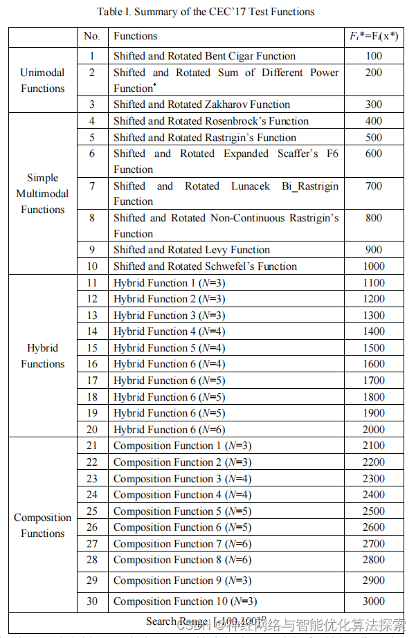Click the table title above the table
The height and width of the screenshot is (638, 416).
click(x=206, y=12)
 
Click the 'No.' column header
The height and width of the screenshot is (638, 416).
click(x=92, y=36)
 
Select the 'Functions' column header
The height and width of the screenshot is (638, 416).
click(x=136, y=36)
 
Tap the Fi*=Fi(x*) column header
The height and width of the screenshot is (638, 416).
click(x=374, y=36)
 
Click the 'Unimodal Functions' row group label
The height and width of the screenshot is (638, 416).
click(x=42, y=80)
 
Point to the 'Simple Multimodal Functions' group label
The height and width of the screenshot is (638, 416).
click(x=42, y=194)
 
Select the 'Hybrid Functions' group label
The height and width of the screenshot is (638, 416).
click(x=42, y=356)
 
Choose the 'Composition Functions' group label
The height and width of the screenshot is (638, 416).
click(x=42, y=525)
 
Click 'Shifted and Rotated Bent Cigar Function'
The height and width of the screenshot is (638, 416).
click(x=204, y=56)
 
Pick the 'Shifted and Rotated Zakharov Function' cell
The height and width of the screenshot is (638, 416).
click(x=201, y=104)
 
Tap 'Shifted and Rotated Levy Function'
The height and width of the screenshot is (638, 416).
click(x=192, y=250)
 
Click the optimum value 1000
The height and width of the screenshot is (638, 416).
click(x=374, y=266)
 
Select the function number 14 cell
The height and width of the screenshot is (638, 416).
click(x=92, y=331)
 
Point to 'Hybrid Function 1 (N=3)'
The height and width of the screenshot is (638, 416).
click(x=169, y=283)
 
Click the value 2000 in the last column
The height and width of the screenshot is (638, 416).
click(x=374, y=429)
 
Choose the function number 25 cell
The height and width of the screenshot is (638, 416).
click(x=92, y=511)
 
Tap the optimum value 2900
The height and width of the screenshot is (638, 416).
click(x=374, y=581)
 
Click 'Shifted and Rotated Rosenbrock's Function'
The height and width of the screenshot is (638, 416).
click(x=211, y=121)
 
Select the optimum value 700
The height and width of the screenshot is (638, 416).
click(x=374, y=186)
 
